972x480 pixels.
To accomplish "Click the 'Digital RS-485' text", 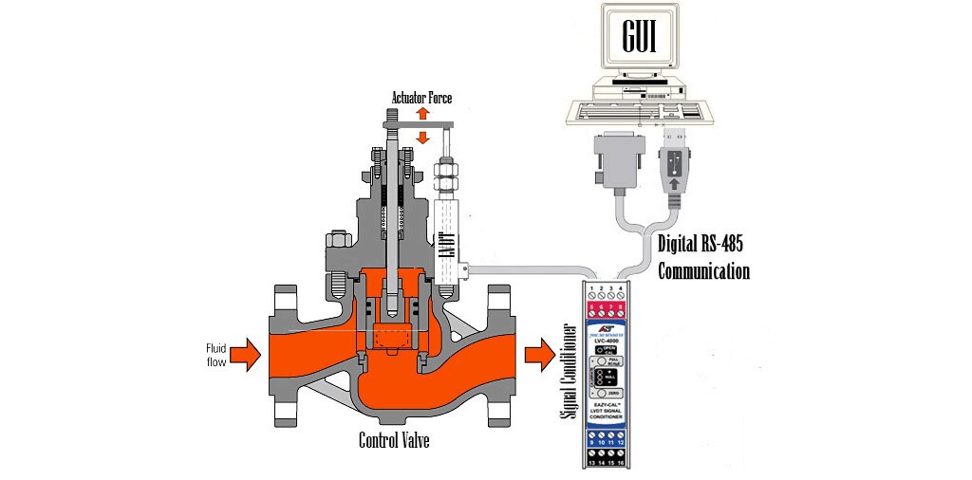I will coord(701,244).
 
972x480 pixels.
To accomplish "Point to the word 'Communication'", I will coord(704,271).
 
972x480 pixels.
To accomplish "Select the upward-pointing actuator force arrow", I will coord(423,114).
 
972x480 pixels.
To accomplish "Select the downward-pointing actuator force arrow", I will coord(423,138).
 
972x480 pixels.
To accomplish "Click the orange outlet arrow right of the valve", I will coord(543,355).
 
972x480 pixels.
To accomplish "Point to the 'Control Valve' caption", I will coord(394,440).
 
